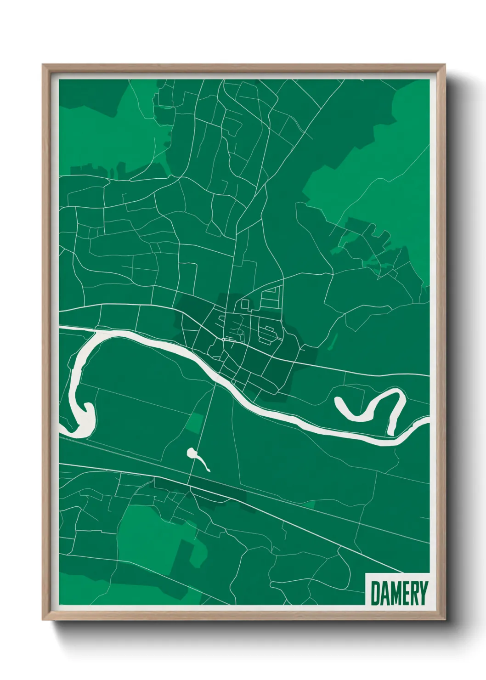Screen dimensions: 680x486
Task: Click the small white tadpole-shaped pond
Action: click(193, 454)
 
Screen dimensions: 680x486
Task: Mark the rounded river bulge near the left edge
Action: click(85, 418)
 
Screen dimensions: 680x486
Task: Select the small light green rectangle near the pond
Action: click(197, 422)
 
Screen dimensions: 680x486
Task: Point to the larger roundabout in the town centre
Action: click(223, 340)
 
